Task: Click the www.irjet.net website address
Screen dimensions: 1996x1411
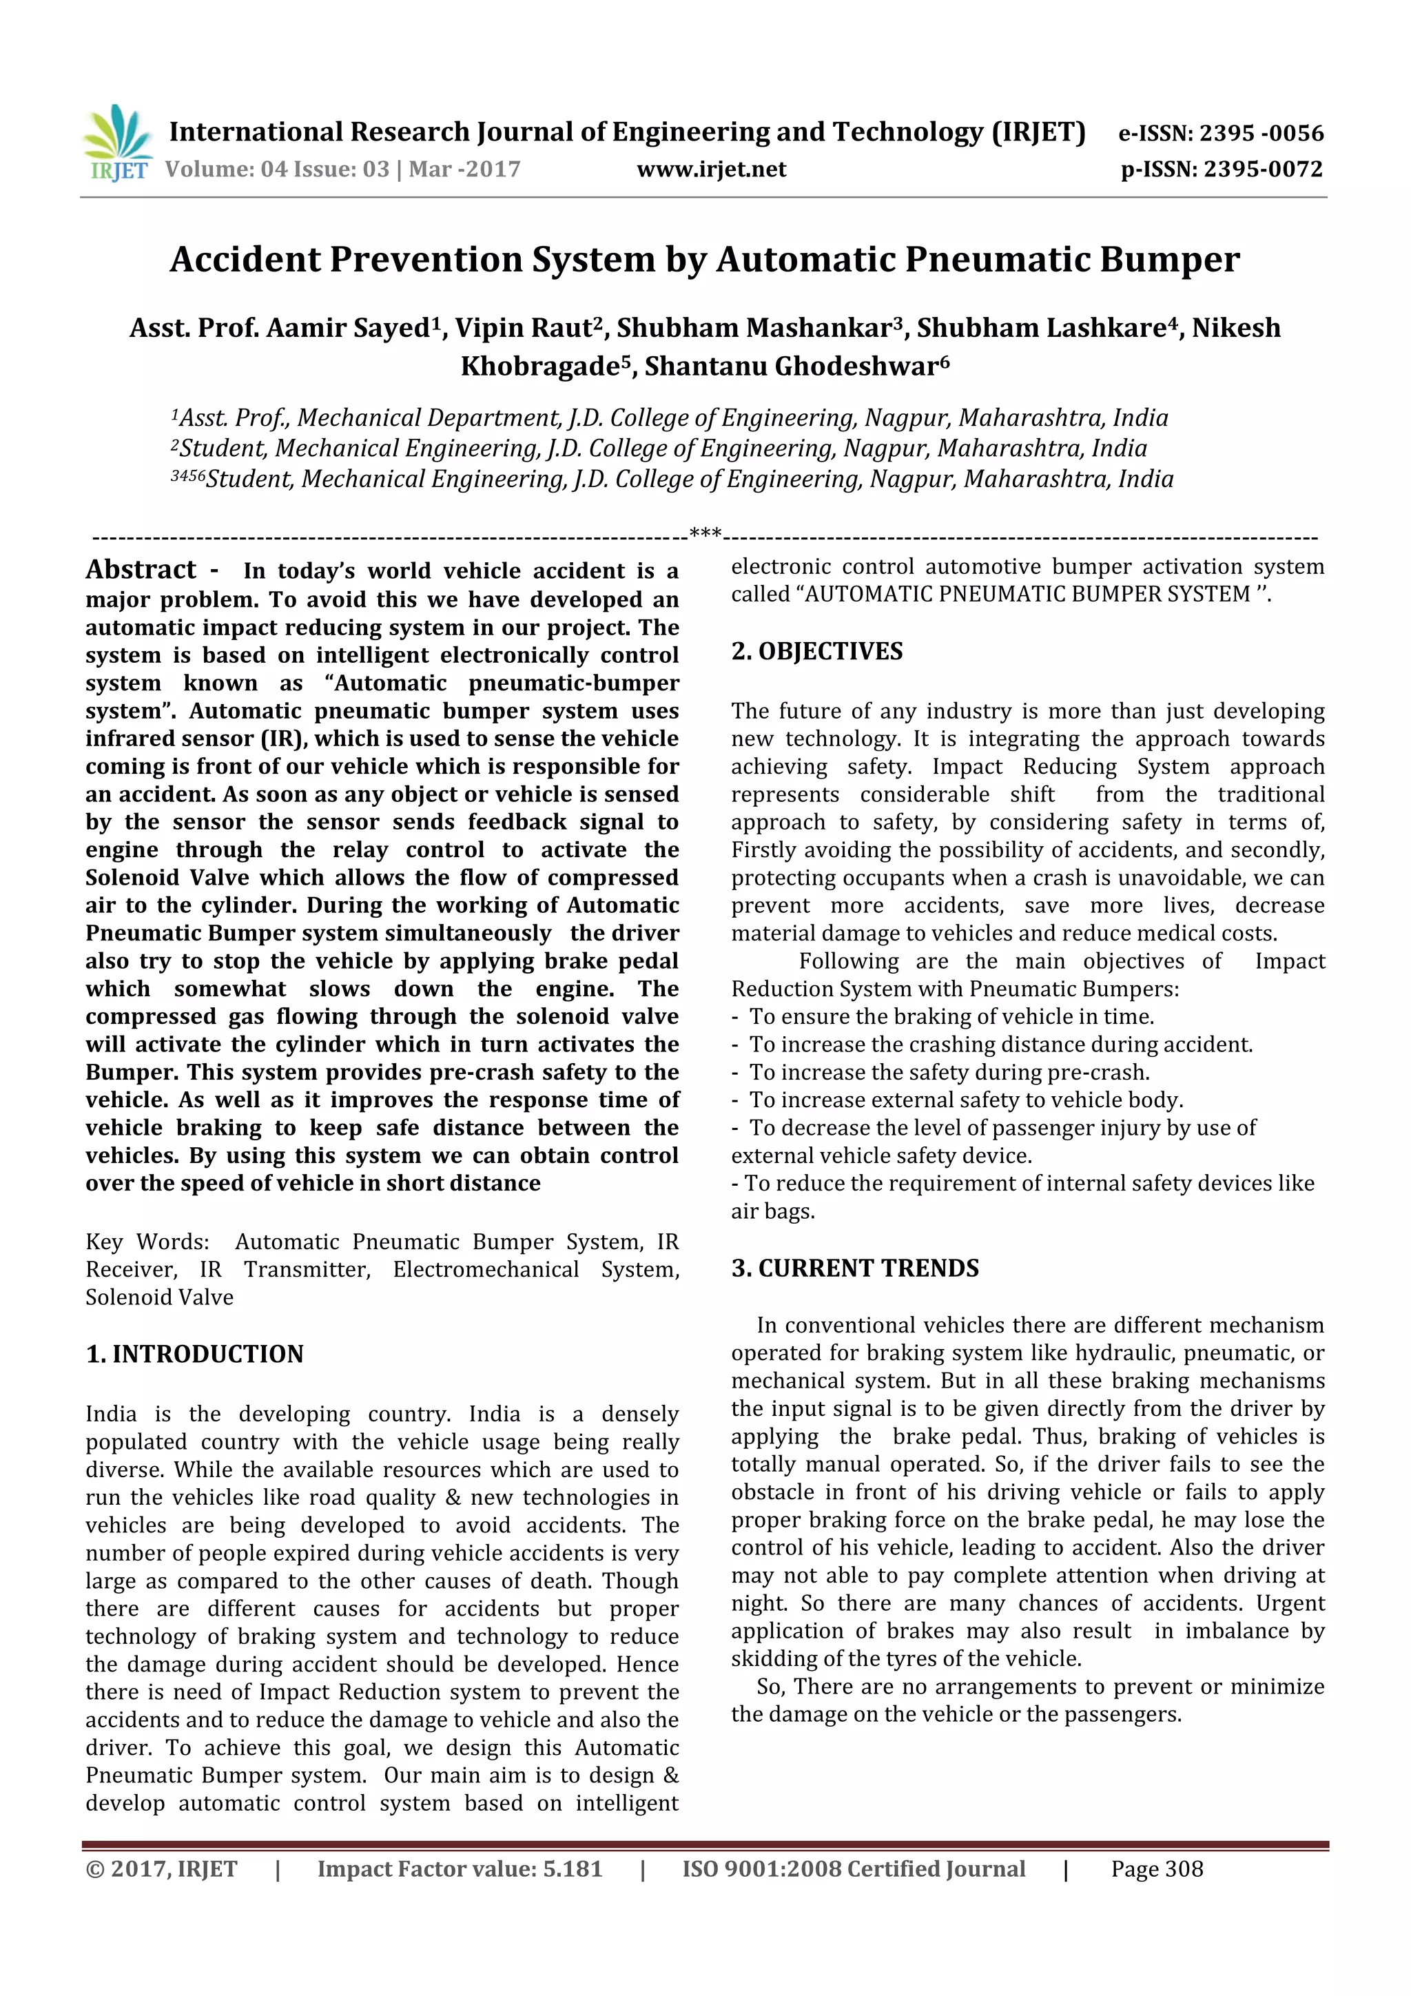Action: click(x=711, y=169)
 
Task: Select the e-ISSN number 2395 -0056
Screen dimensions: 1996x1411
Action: click(x=1261, y=134)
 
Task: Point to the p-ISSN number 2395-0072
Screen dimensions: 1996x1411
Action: click(x=1262, y=169)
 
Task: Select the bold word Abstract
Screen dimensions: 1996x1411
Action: click(x=141, y=570)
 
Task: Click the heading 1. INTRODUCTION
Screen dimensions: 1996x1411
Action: click(x=195, y=1355)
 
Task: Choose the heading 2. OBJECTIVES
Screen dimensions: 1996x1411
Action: click(x=816, y=652)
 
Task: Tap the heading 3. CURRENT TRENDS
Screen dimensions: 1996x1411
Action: click(x=854, y=1268)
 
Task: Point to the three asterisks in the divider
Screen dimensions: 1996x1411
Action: click(x=705, y=533)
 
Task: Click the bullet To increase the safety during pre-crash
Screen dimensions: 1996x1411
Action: click(x=949, y=1073)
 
